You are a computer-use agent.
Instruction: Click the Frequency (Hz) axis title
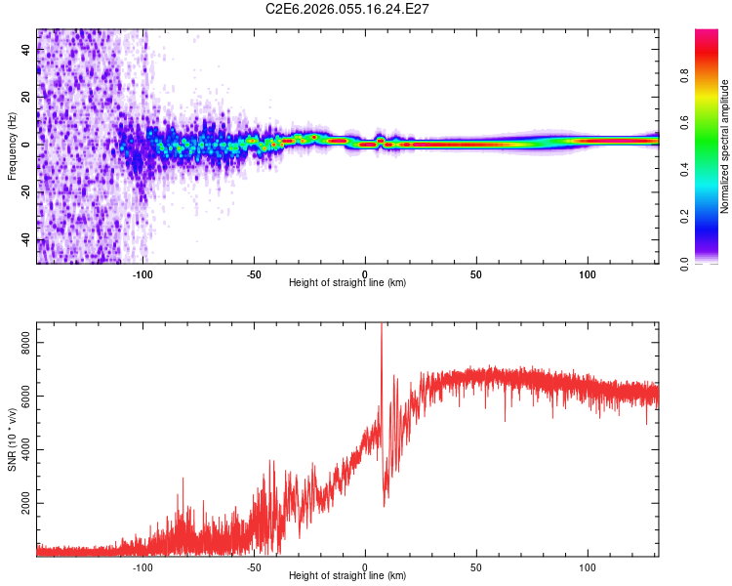point(12,146)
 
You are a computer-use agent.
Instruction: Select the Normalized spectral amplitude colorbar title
point(724,146)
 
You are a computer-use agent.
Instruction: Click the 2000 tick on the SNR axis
point(23,503)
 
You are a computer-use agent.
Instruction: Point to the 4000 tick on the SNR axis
point(23,450)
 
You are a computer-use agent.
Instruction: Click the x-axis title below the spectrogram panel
point(348,282)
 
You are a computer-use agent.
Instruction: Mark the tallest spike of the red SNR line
point(381,325)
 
